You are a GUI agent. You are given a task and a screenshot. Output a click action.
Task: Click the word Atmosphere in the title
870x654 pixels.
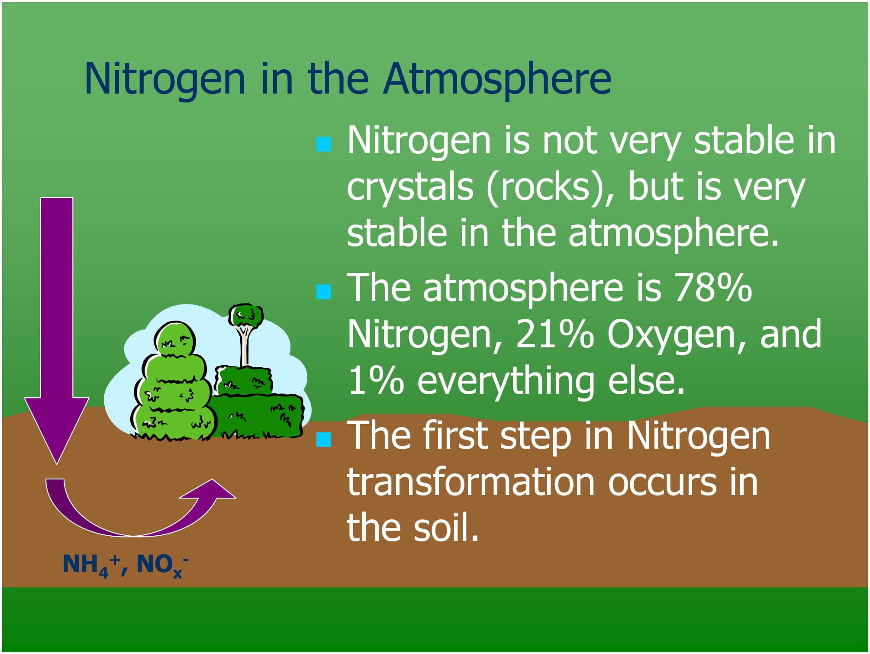pyautogui.click(x=497, y=79)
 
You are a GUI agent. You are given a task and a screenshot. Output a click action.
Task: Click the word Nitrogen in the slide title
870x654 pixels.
pyautogui.click(x=165, y=79)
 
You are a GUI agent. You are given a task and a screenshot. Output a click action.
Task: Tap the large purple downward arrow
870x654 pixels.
pyautogui.click(x=57, y=329)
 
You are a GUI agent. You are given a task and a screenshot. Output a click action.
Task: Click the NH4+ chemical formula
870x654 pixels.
pyautogui.click(x=91, y=566)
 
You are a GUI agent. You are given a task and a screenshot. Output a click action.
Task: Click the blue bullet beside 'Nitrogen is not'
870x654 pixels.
pyautogui.click(x=324, y=144)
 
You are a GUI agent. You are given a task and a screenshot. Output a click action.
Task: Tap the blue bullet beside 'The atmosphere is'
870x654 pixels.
pyautogui.click(x=324, y=292)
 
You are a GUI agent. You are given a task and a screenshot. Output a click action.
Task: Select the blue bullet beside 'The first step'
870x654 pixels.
pyautogui.click(x=324, y=439)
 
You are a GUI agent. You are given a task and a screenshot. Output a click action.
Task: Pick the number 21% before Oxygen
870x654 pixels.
pyautogui.click(x=555, y=334)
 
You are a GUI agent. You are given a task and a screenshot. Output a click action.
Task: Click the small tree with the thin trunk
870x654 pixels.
pyautogui.click(x=245, y=333)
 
